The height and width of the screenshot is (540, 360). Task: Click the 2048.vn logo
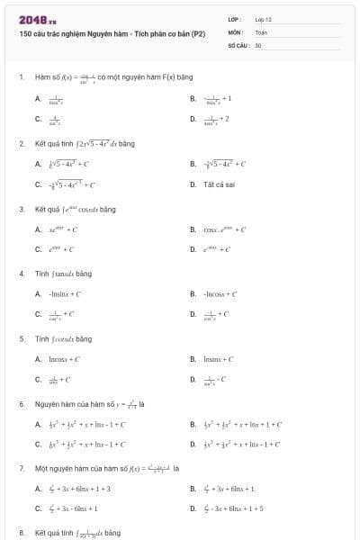coord(37,19)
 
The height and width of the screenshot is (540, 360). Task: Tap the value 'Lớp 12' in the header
coord(262,19)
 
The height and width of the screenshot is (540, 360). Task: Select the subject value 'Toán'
coord(261,31)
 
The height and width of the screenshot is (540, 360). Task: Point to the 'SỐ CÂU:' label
coord(238,44)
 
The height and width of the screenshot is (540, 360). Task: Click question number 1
coord(21,77)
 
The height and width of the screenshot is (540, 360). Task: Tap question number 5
coord(21,338)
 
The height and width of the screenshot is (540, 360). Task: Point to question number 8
coord(21,533)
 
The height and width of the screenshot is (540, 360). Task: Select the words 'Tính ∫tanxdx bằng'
coord(63,273)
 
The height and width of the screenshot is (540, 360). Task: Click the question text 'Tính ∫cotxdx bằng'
coord(63,338)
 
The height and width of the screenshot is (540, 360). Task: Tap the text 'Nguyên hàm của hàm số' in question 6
coord(72,403)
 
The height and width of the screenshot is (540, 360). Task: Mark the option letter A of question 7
coord(38,489)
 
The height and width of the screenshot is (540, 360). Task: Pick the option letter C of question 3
coord(38,249)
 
